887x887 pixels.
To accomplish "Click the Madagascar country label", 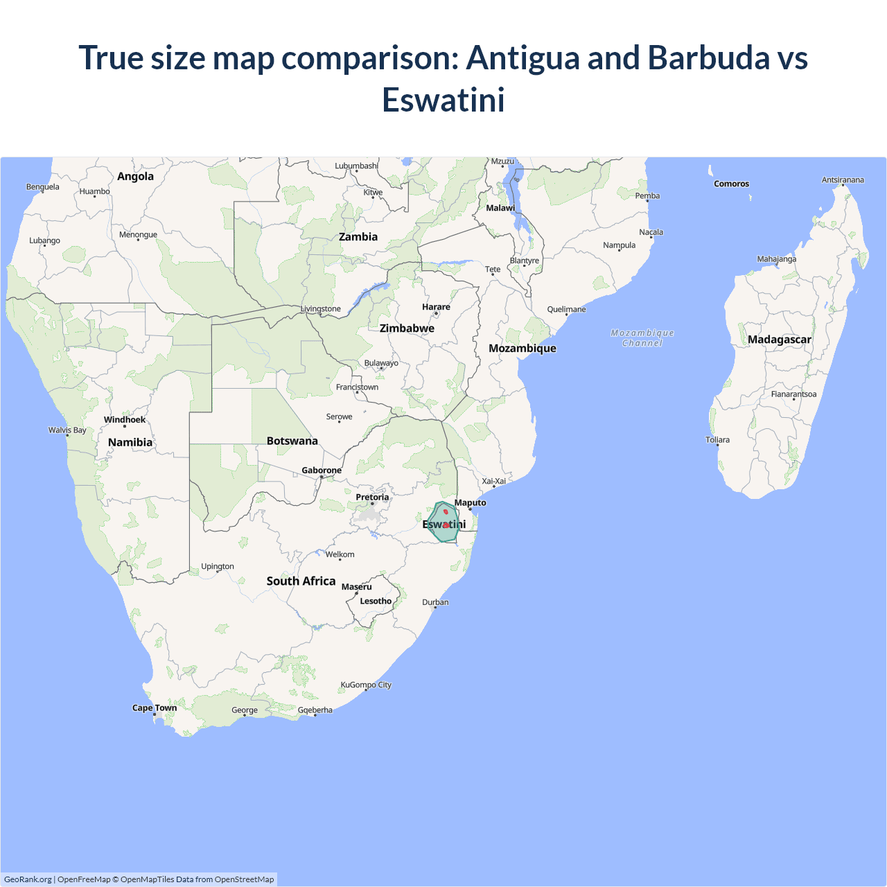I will (779, 340).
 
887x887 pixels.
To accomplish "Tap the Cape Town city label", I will (155, 708).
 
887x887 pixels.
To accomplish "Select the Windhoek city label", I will (125, 419).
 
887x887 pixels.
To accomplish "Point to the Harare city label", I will (436, 307).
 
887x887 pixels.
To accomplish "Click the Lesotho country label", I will (376, 601).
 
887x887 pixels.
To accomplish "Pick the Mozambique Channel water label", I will (642, 338).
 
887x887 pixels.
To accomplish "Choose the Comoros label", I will (731, 184).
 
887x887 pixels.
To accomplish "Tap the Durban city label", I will (435, 602).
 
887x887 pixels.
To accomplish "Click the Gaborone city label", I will (322, 471).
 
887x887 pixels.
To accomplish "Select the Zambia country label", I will (358, 237).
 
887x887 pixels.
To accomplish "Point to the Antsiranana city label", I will (843, 180).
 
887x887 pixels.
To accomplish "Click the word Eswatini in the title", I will (443, 100).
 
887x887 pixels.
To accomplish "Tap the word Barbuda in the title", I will (708, 58).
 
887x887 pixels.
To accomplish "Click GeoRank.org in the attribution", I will (28, 879).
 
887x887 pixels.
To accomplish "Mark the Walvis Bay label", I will (67, 430).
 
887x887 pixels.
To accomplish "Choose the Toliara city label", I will (717, 440).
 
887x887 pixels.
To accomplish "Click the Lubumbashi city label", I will (356, 166).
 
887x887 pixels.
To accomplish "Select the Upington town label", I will (218, 566).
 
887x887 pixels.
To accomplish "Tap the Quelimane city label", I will (566, 309).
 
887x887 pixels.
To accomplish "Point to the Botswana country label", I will (292, 441).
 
